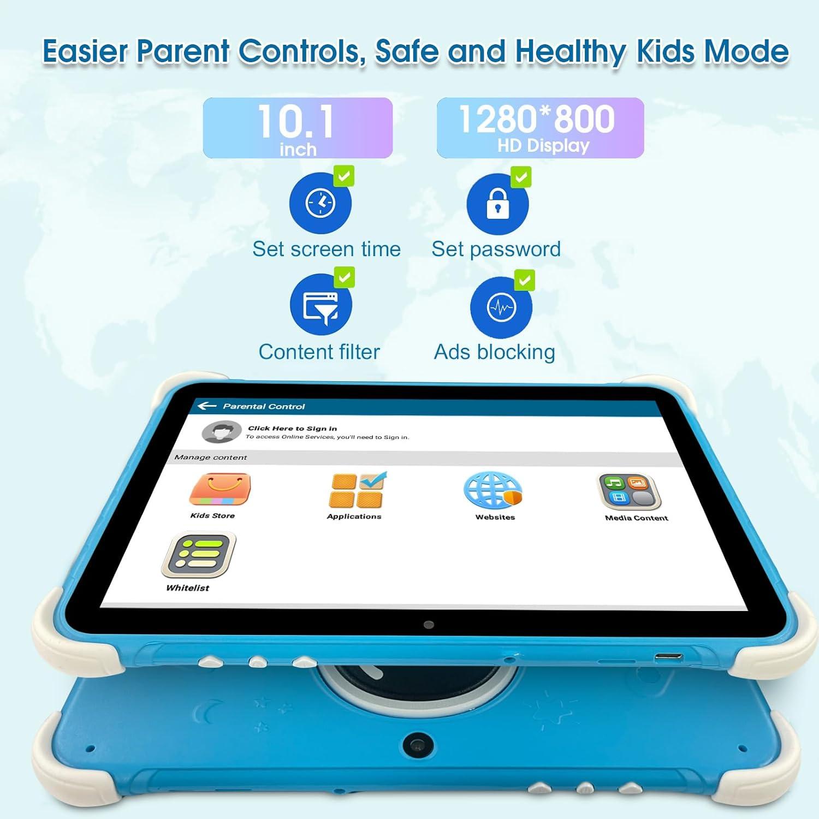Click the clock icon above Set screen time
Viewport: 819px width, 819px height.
(x=321, y=203)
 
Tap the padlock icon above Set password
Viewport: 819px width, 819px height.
(x=497, y=204)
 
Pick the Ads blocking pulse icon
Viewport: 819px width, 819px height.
(x=501, y=307)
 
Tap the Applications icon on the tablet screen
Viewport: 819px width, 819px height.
(x=357, y=490)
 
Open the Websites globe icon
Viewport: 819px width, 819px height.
(x=492, y=490)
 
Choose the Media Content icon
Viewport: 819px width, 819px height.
(x=629, y=491)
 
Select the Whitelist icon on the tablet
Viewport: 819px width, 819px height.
(x=199, y=555)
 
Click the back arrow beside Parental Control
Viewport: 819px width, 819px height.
(x=207, y=406)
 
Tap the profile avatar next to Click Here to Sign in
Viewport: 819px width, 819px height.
(x=221, y=432)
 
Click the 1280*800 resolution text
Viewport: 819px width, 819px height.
(x=537, y=119)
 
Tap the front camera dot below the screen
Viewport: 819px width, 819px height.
(x=429, y=625)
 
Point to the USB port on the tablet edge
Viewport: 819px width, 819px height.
(x=668, y=657)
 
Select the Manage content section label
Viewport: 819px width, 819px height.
(x=211, y=458)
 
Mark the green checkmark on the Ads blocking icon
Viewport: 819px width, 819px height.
(x=524, y=281)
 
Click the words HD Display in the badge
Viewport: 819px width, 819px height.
(x=543, y=146)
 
